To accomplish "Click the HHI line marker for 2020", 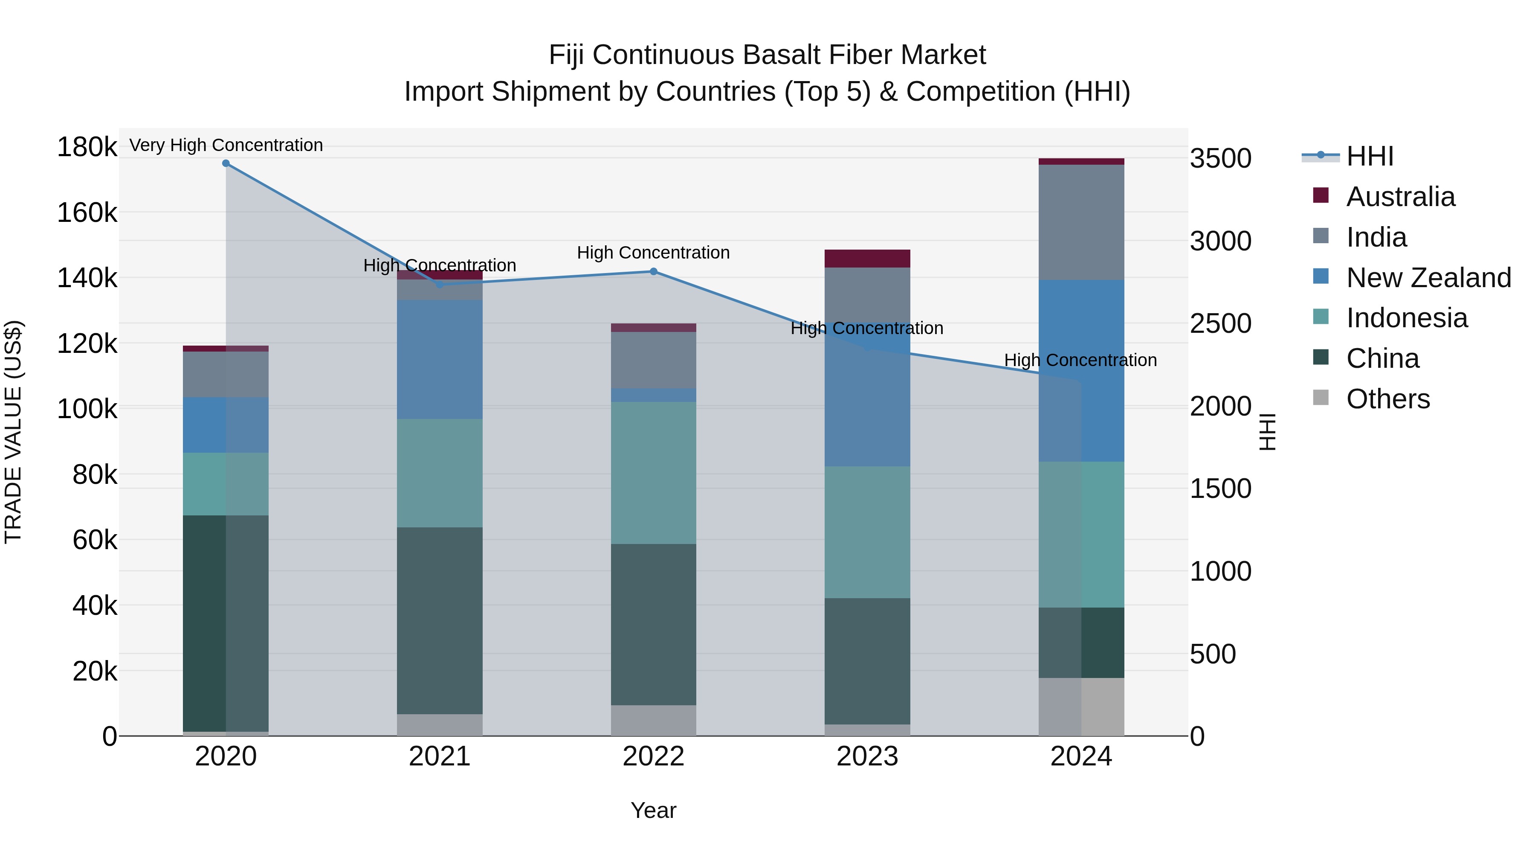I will click(226, 163).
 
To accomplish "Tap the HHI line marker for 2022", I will click(653, 271).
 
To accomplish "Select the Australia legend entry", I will click(1400, 197).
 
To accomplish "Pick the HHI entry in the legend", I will click(1369, 156).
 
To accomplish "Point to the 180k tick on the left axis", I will click(87, 147).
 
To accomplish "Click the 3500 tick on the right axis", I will click(1220, 159).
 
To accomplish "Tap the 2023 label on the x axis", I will click(867, 756).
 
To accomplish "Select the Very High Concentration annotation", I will click(226, 145).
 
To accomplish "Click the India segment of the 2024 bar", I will click(1081, 222).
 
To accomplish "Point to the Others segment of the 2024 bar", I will click(1081, 707).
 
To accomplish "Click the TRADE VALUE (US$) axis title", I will click(13, 432).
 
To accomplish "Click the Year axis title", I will click(653, 810).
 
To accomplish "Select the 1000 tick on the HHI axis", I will click(1220, 571).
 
